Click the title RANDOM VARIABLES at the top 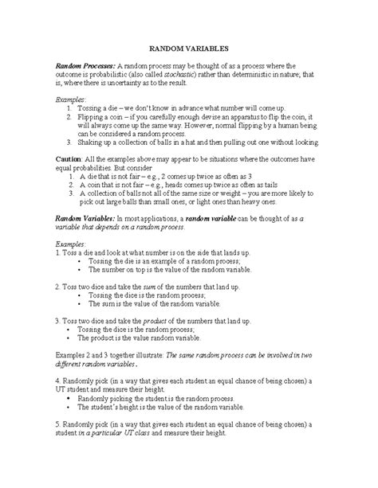pyautogui.click(x=189, y=46)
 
